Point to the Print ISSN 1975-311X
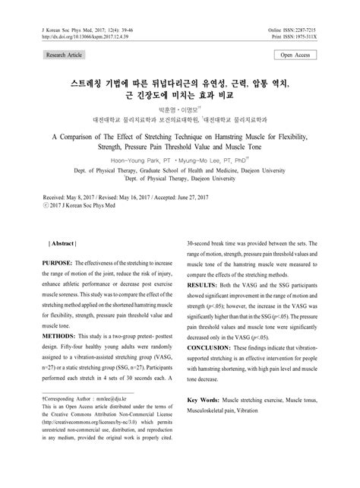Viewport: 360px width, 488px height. pyautogui.click(x=318, y=36)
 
